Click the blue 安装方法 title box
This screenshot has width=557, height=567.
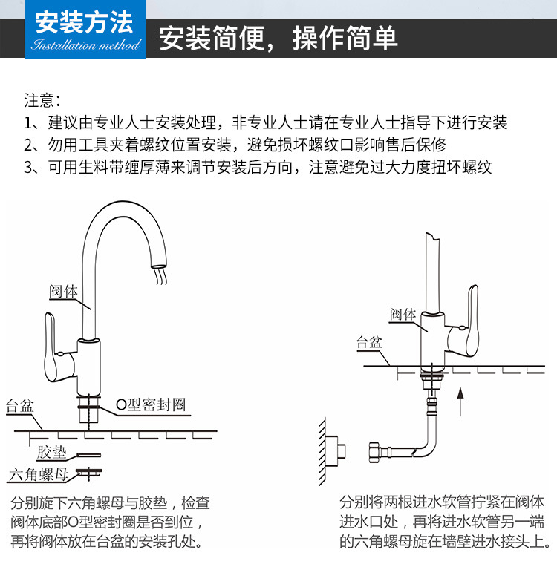[x=84, y=30]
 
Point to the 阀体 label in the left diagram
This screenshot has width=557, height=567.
[x=63, y=292]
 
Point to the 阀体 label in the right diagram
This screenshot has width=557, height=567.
[x=403, y=314]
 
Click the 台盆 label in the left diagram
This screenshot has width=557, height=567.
[x=20, y=407]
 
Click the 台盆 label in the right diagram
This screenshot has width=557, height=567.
[x=368, y=342]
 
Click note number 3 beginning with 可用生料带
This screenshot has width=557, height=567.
[x=258, y=167]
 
